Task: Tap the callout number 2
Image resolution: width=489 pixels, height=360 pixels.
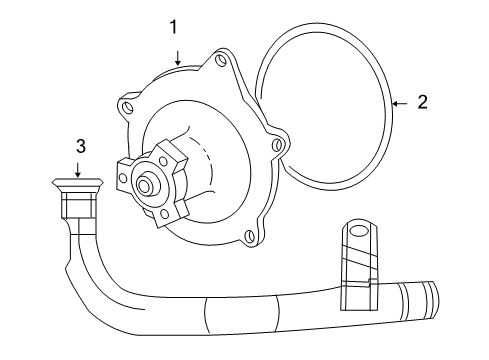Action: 423,101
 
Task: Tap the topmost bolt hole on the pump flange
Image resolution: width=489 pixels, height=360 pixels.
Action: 217,64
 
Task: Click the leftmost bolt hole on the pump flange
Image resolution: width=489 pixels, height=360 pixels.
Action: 126,101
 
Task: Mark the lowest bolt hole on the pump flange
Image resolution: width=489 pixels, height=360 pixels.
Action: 246,237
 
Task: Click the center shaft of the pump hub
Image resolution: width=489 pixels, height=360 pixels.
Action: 147,185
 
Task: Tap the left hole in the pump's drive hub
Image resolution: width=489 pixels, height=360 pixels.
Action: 124,176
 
